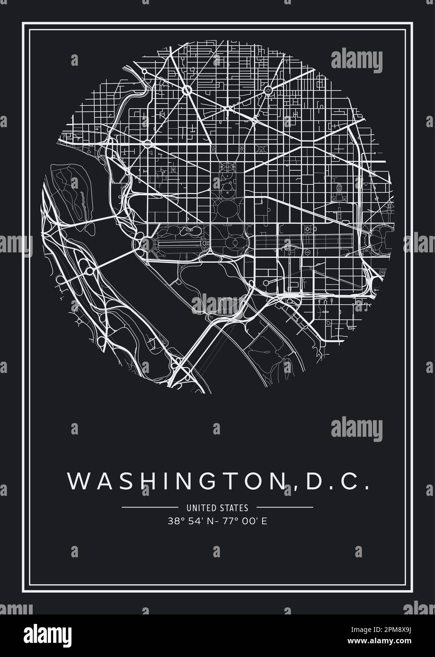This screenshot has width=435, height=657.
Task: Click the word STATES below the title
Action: click(234, 508)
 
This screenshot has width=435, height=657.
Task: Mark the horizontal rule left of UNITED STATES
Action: click(150, 508)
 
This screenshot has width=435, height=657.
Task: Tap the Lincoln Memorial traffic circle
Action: click(146, 243)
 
